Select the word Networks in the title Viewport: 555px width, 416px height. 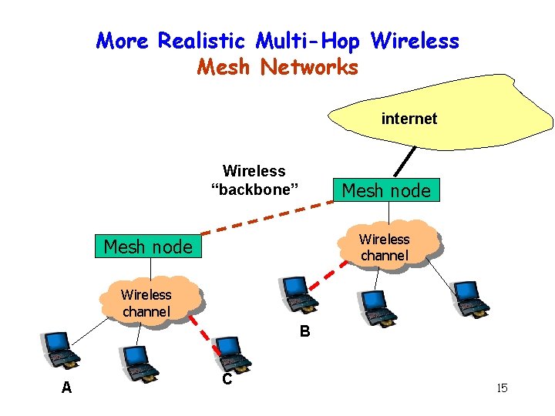pos(309,67)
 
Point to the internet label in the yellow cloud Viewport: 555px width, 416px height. pos(409,119)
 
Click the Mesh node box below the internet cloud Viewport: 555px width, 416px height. pos(385,190)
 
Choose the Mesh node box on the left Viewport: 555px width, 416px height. pos(147,247)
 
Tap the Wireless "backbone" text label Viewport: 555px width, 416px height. pos(254,180)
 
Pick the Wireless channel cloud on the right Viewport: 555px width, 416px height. pos(385,247)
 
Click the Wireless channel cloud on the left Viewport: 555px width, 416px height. pos(146,303)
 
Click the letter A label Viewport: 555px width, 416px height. pos(66,388)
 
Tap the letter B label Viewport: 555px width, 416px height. pos(304,332)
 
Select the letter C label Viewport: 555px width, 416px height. pos(227,379)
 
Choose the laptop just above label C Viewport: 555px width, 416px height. pos(231,353)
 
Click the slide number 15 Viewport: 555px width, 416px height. pos(502,387)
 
